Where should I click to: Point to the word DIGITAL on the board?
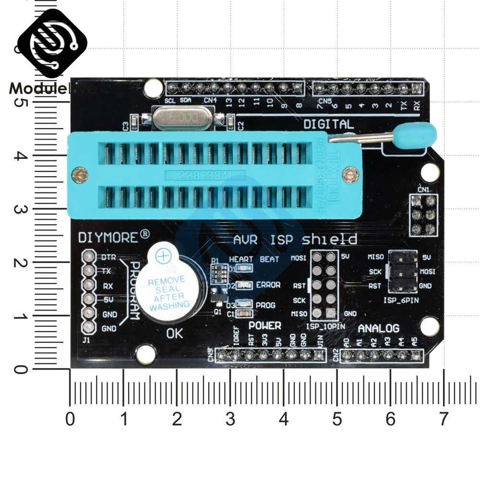point(328,124)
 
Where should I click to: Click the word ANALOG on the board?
point(379,328)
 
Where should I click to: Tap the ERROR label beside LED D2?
point(268,285)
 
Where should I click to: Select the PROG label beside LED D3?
point(265,305)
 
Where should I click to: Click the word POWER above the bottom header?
point(264,326)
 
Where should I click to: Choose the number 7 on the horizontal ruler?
point(443,420)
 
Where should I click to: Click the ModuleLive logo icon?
point(53,46)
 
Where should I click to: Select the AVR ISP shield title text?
point(295,239)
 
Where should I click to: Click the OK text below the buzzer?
point(174,334)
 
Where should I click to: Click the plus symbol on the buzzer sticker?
point(164,257)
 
